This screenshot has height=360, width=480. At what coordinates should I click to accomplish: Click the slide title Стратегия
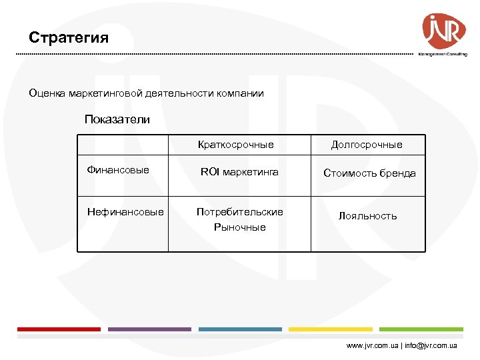(x=69, y=37)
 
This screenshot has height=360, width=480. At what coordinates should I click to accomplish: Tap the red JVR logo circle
(x=443, y=31)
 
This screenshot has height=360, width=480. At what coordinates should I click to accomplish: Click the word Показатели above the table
(x=117, y=120)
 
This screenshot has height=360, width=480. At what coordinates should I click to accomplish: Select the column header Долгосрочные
(x=367, y=145)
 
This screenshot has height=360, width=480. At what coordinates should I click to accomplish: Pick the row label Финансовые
(x=118, y=171)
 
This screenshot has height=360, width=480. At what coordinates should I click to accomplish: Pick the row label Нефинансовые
(x=125, y=212)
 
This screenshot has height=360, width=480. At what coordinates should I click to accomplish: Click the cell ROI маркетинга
(x=239, y=173)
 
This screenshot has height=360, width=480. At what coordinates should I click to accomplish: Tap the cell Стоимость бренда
(x=369, y=173)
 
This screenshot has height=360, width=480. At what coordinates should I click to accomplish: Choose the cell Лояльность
(x=367, y=216)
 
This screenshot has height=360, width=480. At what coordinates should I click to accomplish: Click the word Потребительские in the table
(x=239, y=212)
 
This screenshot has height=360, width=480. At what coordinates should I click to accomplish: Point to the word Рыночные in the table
(x=239, y=227)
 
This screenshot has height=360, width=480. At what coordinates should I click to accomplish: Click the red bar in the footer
(x=59, y=329)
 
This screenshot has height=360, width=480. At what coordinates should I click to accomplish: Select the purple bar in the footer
(x=149, y=329)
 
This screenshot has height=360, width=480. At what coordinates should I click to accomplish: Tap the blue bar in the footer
(x=240, y=329)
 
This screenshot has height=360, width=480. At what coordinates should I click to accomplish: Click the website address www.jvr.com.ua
(x=371, y=347)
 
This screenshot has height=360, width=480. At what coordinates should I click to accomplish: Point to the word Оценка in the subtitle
(x=47, y=94)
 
